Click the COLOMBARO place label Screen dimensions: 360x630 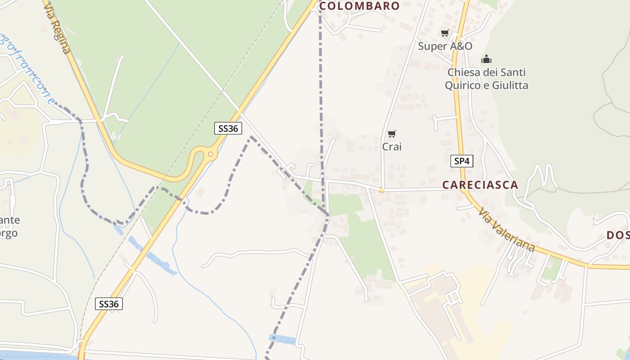click(359, 6)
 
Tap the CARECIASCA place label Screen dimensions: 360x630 click(480, 185)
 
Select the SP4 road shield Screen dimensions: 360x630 click(462, 161)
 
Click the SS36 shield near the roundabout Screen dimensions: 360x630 click(228, 128)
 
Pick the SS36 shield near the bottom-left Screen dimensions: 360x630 click(109, 304)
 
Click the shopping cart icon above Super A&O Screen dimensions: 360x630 click(445, 33)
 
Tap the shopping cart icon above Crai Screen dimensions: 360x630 click(391, 134)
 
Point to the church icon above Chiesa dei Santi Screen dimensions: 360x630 click(486, 59)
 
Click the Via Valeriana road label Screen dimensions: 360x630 click(506, 229)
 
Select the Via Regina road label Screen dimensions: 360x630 click(57, 27)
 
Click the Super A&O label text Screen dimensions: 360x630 click(445, 46)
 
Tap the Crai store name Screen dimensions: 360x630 click(391, 147)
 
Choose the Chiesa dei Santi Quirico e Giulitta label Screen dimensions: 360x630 click(486, 79)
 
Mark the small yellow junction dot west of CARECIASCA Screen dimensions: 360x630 click(382, 190)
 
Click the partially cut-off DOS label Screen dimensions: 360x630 click(618, 235)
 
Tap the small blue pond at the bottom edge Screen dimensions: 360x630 click(282, 339)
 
